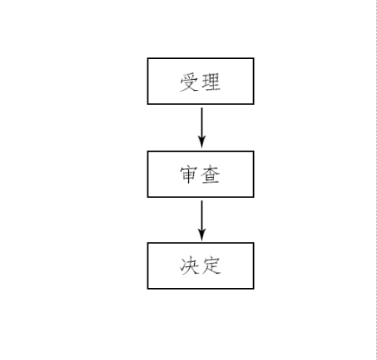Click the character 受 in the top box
[189, 82]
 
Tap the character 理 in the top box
[211, 82]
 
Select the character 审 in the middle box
[189, 175]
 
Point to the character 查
[211, 175]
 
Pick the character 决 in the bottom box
[189, 266]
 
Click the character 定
[211, 266]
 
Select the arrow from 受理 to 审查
[202, 128]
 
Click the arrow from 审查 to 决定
[202, 220]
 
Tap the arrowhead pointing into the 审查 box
[202, 141]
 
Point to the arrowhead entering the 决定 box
[202, 234]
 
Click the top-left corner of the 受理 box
[147, 58]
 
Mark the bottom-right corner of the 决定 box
[254, 289]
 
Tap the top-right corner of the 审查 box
[254, 151]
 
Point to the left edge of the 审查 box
[147, 174]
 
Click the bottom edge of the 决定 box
[201, 289]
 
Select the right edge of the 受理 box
[254, 81]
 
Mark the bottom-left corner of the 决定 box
[147, 289]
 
